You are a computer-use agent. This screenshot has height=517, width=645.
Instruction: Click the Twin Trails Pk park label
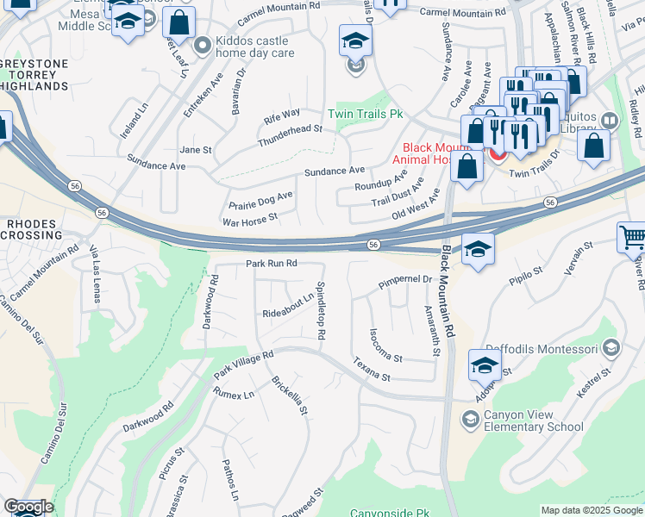coord(366,114)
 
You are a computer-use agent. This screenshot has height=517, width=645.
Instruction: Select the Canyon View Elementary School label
coord(534,420)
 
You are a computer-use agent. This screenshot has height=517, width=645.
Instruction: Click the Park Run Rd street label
coord(271,263)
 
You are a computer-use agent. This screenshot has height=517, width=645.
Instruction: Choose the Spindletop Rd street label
coord(321,310)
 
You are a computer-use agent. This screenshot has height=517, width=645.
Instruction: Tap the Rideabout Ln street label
coord(288,305)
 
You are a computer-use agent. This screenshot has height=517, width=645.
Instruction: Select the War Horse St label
coord(249,221)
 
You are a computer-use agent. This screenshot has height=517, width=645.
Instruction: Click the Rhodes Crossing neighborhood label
coord(34,229)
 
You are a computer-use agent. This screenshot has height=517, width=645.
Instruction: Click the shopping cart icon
coord(632,237)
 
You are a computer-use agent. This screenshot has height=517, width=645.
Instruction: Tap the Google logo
coord(28,507)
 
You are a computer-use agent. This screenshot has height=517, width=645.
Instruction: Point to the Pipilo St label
coord(525,276)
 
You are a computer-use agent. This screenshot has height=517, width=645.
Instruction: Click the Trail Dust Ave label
coord(398,195)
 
